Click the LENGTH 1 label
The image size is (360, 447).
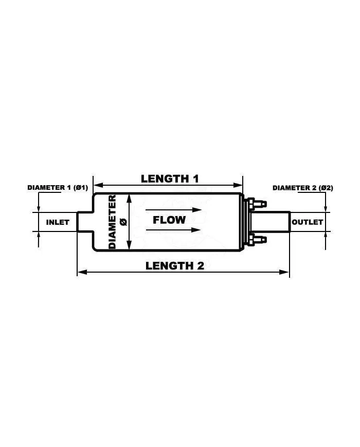170,178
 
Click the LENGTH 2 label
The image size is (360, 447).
175,265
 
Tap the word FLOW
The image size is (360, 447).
169,220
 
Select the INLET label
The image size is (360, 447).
58,222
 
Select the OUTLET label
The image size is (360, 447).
308,222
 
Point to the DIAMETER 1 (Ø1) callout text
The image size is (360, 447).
58,188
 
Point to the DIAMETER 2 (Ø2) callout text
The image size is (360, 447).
302,188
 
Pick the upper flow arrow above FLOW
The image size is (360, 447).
172,210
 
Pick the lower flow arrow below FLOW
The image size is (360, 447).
172,230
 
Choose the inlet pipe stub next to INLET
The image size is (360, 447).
84,222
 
